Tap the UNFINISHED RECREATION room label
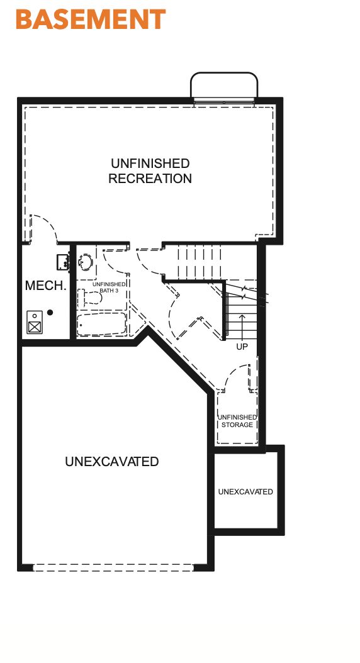[x=150, y=170]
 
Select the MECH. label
[x=45, y=286]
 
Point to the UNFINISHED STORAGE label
[x=237, y=421]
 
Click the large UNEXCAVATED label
[x=112, y=462]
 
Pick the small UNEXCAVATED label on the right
[x=245, y=491]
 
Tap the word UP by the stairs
[x=242, y=347]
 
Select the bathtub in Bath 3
[x=101, y=326]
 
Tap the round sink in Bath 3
[x=86, y=261]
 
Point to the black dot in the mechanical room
[x=50, y=313]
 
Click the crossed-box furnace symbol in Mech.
[x=35, y=326]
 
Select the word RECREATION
[x=150, y=179]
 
